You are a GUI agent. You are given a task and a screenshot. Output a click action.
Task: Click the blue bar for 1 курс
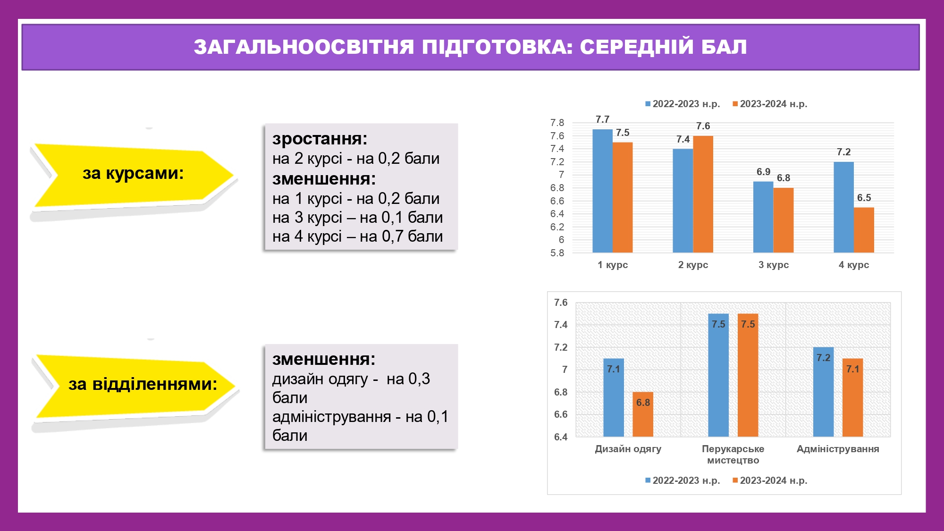[602, 191]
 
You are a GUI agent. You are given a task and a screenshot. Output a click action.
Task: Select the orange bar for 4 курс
[864, 230]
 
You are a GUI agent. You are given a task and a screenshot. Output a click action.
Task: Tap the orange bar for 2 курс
[703, 194]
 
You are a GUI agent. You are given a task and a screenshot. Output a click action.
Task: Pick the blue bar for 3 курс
[763, 217]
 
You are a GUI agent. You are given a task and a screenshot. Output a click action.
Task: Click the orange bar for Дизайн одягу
[643, 414]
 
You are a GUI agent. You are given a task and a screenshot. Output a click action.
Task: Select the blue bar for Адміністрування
[823, 392]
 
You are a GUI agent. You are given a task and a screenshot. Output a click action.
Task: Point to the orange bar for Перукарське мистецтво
[748, 375]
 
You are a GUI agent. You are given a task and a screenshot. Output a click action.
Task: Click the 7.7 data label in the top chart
[602, 119]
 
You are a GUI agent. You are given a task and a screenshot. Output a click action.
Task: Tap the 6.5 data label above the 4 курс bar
[864, 198]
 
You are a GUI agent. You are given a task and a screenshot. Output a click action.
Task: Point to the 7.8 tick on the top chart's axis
[557, 123]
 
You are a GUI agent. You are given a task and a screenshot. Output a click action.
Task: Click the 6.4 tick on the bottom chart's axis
[561, 437]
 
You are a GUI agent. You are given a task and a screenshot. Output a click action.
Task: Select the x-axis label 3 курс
[774, 265]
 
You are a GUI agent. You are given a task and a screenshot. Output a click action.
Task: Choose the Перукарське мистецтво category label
[733, 455]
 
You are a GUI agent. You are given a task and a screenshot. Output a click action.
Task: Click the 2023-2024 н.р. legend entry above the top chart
[770, 104]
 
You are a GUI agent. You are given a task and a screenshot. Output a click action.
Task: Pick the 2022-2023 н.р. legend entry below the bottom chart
[683, 480]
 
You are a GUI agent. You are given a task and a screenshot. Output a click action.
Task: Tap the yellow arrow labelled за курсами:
[134, 175]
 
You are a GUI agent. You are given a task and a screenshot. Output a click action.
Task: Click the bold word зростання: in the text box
[320, 139]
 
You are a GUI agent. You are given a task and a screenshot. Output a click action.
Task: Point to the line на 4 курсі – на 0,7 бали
[357, 236]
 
